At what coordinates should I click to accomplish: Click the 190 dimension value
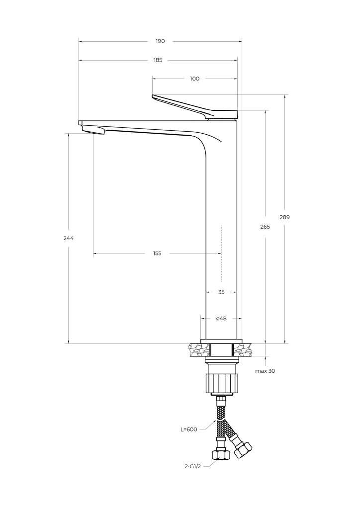point(160,41)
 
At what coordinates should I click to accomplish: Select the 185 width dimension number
point(158,60)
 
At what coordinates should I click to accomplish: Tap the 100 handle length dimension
point(195,79)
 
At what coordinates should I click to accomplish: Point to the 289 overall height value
point(285,217)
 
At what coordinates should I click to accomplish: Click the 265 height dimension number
point(265,227)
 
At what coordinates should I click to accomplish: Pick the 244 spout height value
point(69,238)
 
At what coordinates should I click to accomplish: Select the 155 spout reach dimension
point(157,254)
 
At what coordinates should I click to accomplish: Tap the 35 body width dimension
point(221,292)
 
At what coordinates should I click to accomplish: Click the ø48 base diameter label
point(221,319)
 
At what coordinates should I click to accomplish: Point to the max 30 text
point(265,371)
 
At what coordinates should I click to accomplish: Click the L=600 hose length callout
point(188,429)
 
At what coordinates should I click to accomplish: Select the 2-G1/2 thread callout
point(193,467)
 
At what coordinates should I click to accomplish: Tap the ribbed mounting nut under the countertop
point(222,383)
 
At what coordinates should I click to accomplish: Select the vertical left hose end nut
point(220,454)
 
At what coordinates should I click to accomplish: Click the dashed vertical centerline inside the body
point(221,253)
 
